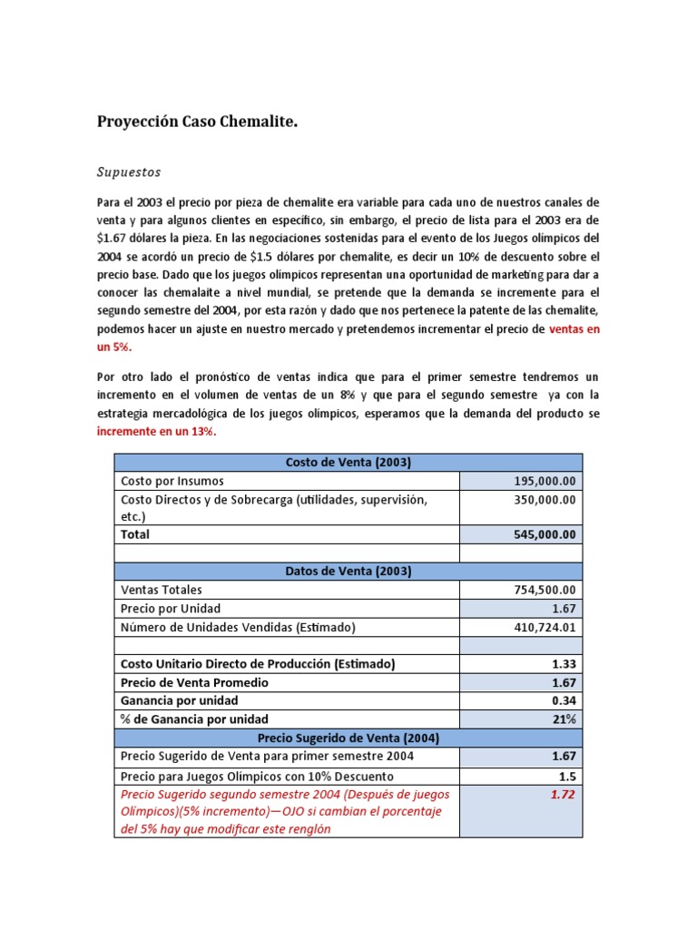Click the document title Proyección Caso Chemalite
197,122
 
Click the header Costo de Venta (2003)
348,463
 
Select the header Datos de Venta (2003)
348,571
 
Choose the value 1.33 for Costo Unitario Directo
564,664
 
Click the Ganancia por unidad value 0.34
564,700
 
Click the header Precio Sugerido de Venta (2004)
348,738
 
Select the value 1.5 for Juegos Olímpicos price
567,776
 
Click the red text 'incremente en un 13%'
156,432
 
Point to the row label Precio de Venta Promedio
194,682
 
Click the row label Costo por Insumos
172,481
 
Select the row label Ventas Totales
161,590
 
